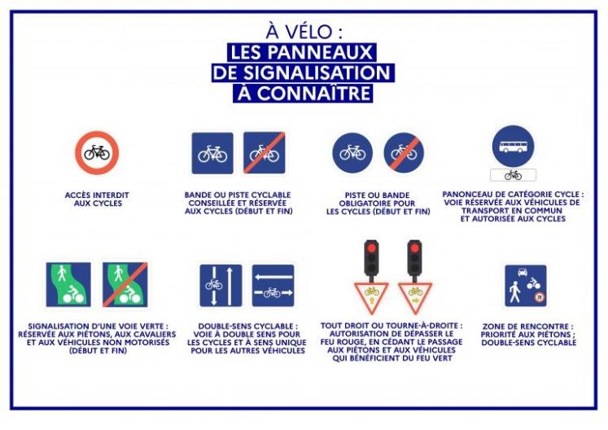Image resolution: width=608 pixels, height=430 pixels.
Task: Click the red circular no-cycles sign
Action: click(x=97, y=153)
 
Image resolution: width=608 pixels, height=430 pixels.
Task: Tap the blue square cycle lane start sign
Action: click(x=212, y=153)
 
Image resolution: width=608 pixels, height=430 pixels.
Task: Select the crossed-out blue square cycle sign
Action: click(x=265, y=153)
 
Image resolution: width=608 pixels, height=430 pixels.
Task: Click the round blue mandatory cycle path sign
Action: click(x=352, y=153)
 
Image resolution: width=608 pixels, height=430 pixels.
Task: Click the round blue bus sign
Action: click(x=513, y=147)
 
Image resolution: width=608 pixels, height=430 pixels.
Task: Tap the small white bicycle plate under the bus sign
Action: click(x=513, y=175)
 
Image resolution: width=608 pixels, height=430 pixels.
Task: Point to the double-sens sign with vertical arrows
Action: click(x=221, y=285)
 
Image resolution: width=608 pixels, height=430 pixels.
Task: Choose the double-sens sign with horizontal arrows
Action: click(x=273, y=285)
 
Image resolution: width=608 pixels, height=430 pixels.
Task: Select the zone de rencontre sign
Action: click(x=525, y=285)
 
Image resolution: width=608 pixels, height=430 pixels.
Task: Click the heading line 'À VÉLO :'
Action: click(x=304, y=32)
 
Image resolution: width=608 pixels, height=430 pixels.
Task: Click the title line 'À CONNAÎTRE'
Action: click(x=303, y=93)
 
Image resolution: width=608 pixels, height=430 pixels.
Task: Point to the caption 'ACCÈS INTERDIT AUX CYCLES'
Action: click(x=97, y=199)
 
